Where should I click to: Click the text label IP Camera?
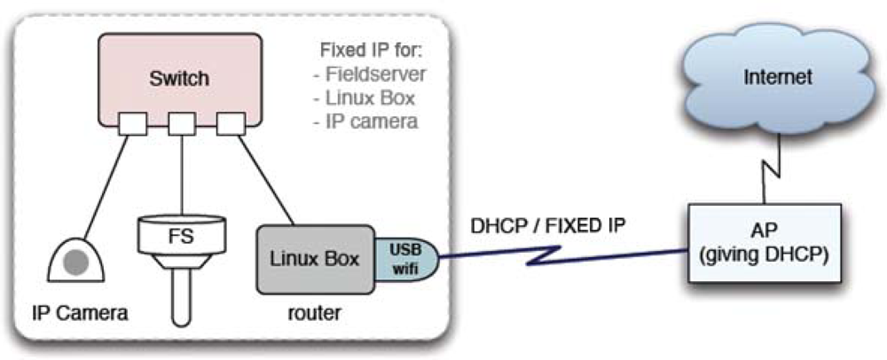click(x=81, y=312)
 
